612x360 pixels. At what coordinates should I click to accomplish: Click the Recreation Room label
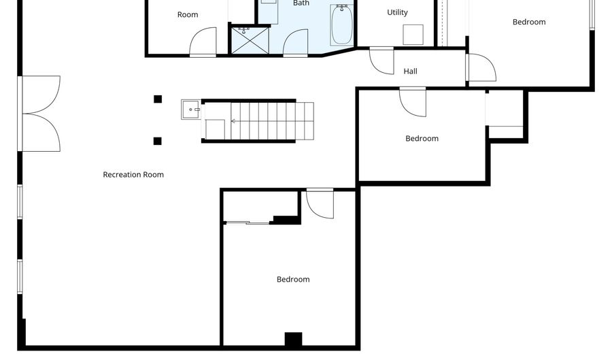point(133,175)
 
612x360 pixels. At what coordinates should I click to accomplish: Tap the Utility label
point(397,12)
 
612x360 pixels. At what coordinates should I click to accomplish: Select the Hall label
point(410,71)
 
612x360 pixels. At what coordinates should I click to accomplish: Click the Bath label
point(301,3)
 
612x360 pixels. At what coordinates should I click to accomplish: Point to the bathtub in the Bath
point(342,24)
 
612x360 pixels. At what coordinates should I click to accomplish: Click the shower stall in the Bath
point(250,39)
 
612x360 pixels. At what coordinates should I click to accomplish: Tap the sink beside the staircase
point(190,109)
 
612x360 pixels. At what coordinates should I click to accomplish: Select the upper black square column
point(158,99)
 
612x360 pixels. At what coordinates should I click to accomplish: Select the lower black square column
point(158,141)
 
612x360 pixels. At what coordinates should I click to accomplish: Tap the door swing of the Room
point(203,42)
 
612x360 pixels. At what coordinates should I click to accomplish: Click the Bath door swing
point(296,44)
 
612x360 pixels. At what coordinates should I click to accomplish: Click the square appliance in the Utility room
point(413,35)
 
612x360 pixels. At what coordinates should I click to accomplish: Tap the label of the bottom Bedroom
point(293,280)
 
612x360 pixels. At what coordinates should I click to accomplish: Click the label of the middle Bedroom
point(422,139)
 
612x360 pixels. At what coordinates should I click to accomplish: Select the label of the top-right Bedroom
point(529,22)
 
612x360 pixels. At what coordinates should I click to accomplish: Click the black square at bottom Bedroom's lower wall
point(293,339)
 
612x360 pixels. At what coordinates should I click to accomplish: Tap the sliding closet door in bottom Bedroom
point(248,222)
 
